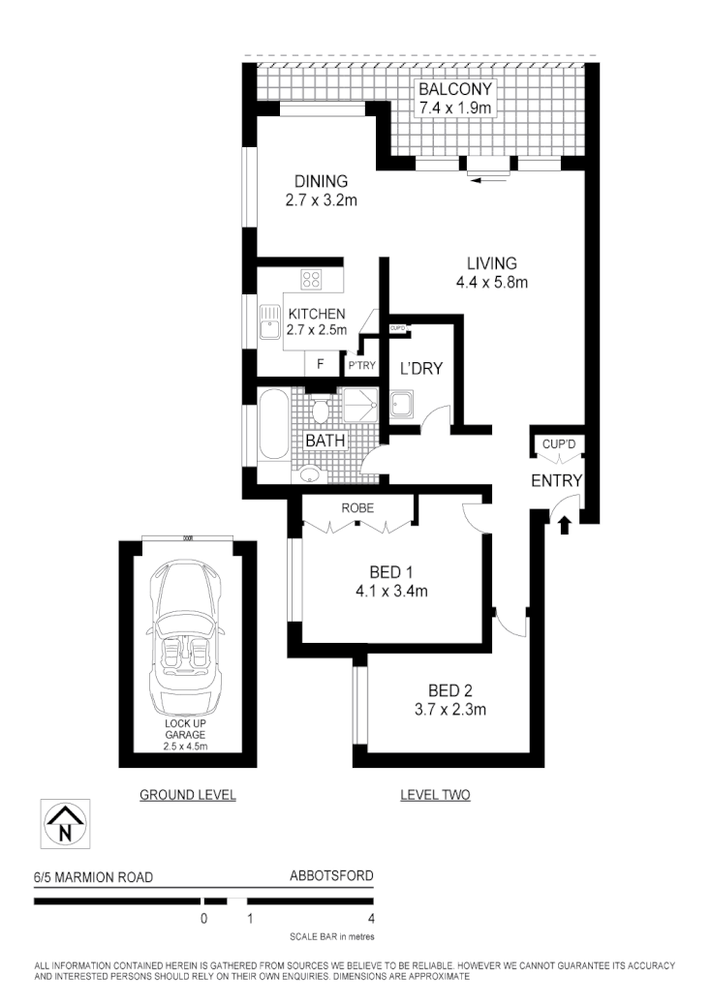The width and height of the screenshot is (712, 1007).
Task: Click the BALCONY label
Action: pos(454,90)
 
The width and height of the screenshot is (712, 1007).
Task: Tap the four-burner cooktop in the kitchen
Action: pos(312,280)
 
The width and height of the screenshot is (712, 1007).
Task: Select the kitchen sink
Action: pos(267,322)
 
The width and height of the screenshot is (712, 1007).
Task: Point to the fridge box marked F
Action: pos(320,365)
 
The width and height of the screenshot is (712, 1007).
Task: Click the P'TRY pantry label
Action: pos(361,366)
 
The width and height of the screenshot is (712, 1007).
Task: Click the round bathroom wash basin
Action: pos(309,474)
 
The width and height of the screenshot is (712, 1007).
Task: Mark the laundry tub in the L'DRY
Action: pos(402,406)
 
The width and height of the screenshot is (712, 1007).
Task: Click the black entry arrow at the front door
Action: pos(566,524)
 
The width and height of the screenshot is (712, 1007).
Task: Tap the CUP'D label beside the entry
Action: pos(559,443)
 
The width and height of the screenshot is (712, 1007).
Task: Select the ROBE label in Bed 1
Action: pos(358,507)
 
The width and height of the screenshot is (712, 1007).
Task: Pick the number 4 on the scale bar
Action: pos(371,918)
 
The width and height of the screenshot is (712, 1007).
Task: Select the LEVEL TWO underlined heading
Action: pos(435,795)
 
